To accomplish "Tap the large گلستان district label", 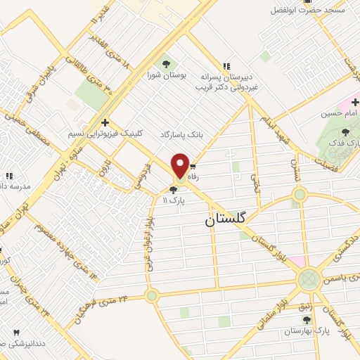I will point(226,219).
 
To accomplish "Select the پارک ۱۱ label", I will point(173,200).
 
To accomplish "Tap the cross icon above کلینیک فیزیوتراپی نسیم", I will point(105,122).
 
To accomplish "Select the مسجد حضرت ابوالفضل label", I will point(303,11).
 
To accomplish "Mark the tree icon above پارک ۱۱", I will point(173,189).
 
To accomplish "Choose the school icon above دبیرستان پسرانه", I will point(226,63).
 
